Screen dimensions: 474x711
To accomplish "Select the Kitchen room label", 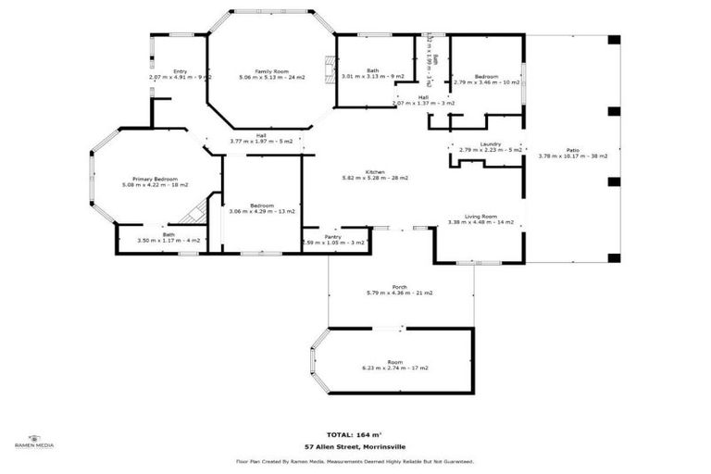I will (375, 172).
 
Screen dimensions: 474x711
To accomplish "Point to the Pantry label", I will (333, 237).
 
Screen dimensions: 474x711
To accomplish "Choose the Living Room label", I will (480, 216).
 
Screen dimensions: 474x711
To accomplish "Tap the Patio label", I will (572, 150).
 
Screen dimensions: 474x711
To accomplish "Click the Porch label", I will (400, 287).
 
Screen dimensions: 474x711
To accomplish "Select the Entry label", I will (180, 71).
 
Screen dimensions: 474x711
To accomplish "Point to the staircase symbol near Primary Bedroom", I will (193, 216).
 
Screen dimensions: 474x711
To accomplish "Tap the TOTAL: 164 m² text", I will (355, 434).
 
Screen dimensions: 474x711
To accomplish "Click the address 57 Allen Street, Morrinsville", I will (355, 447).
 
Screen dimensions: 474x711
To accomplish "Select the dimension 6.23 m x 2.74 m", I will (395, 368).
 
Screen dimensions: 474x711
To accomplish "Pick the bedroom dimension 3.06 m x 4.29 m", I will (261, 212).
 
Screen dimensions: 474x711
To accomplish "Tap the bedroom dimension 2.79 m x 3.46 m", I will (487, 82).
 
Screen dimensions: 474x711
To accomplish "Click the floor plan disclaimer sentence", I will (355, 460).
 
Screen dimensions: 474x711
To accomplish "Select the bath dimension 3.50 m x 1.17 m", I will (168, 241).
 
